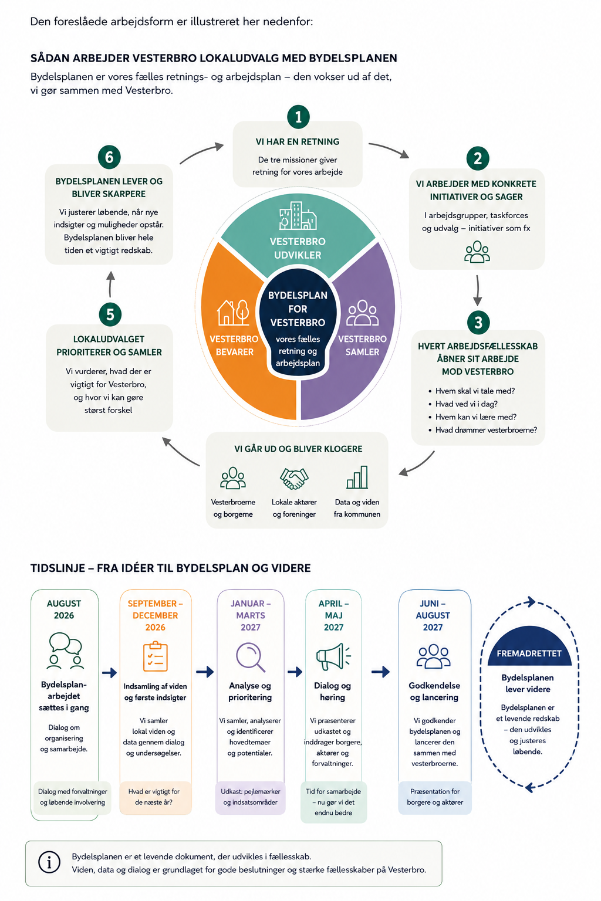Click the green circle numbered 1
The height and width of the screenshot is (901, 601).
click(298, 117)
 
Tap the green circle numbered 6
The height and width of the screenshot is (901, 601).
click(109, 157)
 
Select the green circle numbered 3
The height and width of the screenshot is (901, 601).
click(478, 322)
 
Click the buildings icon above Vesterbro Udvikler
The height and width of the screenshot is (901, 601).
click(298, 216)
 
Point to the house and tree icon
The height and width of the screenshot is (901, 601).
click(232, 313)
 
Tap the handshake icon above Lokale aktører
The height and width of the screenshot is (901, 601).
click(294, 479)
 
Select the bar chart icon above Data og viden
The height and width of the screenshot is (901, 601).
click(357, 477)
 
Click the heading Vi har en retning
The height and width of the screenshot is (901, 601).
click(298, 141)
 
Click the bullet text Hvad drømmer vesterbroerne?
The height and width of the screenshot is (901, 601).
click(486, 430)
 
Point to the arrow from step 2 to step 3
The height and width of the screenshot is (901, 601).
click(477, 290)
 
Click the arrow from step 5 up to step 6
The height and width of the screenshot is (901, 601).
click(110, 284)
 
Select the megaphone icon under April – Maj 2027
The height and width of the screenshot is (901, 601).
click(333, 656)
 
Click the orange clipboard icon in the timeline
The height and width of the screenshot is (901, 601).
click(156, 657)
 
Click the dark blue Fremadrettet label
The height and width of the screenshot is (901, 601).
click(529, 653)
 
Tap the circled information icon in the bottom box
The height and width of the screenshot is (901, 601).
click(49, 862)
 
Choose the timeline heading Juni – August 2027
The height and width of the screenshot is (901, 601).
click(433, 615)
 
